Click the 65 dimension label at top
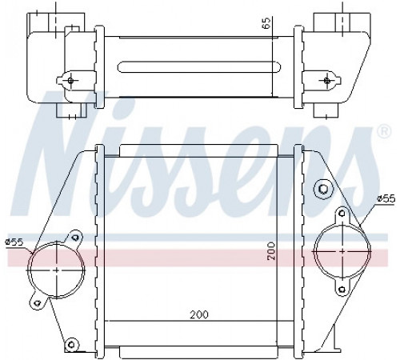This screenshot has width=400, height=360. [x=266, y=22]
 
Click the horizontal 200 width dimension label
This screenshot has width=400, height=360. [x=199, y=314]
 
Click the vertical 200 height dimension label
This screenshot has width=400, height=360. [x=271, y=251]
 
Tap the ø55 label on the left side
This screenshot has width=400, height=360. [x=14, y=242]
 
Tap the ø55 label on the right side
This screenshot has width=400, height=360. [x=386, y=198]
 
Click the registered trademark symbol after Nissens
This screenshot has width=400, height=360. [x=384, y=131]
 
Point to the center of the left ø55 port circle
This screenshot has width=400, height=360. [x=57, y=270]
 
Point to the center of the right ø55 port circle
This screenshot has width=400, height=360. [x=342, y=251]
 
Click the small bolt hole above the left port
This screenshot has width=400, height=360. [x=76, y=237]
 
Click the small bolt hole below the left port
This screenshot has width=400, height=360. [x=38, y=302]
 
